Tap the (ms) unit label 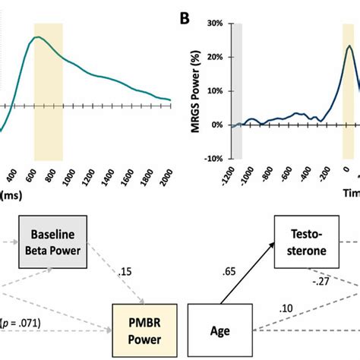10,195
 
